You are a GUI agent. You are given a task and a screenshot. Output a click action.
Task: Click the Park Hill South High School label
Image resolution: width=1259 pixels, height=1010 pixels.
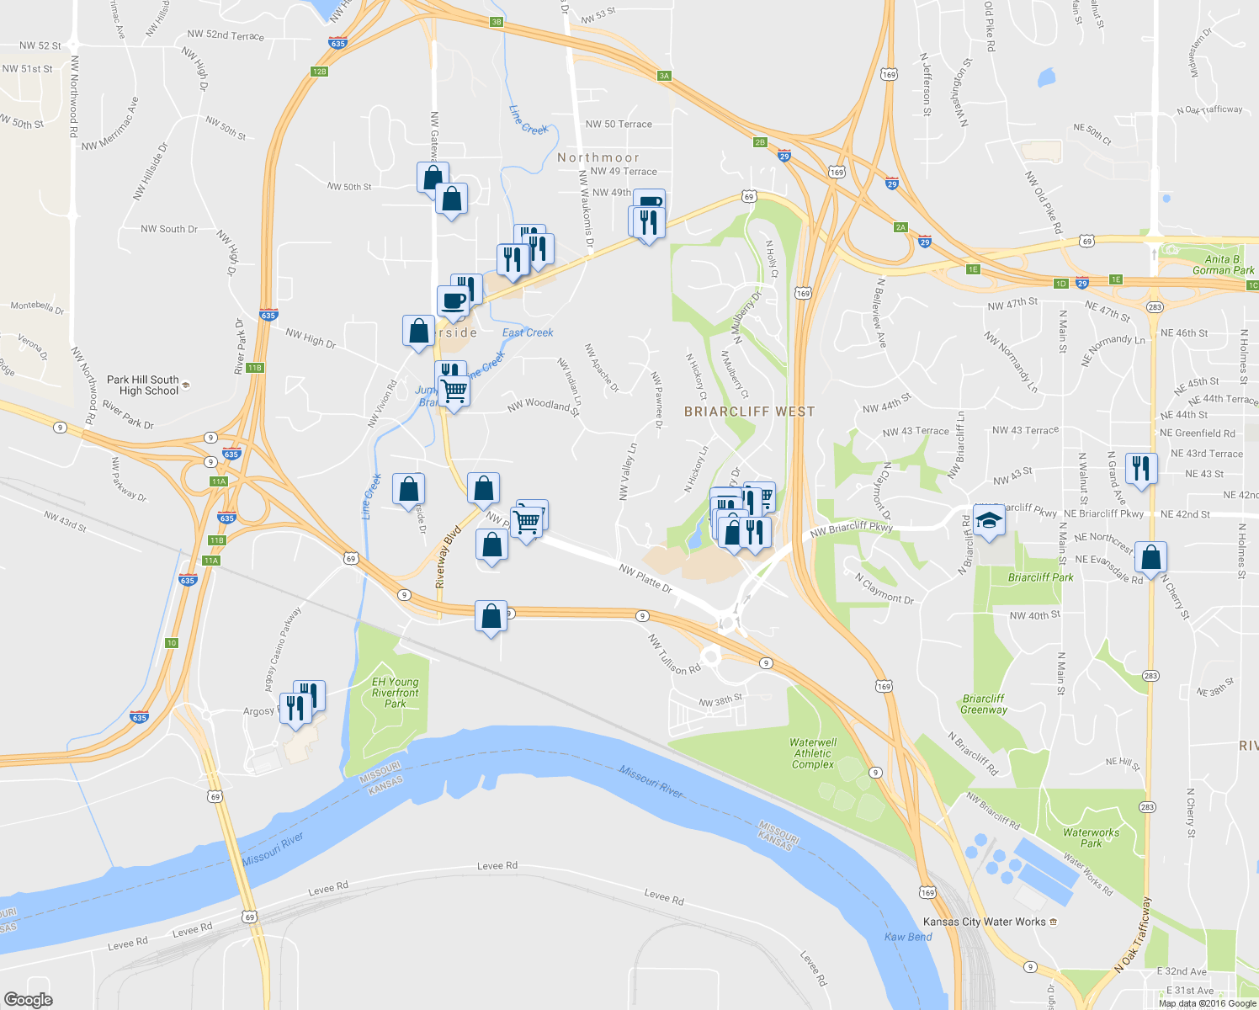coord(143,385)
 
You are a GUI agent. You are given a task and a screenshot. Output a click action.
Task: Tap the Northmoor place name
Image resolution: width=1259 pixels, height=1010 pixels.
coord(598,157)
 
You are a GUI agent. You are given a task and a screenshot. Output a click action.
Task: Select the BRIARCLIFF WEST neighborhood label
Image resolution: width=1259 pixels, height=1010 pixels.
coord(749,412)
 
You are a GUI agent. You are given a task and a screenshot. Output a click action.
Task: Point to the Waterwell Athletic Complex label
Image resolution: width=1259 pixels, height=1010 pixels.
coord(813,753)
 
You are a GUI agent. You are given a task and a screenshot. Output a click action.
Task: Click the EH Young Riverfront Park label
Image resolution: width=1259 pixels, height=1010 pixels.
coord(395,693)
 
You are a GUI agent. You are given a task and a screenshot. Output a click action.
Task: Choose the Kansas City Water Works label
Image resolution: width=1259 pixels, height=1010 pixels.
coord(984,922)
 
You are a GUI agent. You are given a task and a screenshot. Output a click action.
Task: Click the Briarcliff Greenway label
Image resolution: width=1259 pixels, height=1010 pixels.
coord(984,704)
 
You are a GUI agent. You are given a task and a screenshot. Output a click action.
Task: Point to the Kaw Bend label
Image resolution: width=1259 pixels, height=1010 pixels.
coord(908,937)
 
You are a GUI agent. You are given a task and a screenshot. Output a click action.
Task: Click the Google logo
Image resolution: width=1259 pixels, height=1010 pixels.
coord(28,1000)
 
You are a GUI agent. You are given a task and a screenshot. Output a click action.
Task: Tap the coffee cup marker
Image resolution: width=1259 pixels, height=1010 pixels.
coord(453,300)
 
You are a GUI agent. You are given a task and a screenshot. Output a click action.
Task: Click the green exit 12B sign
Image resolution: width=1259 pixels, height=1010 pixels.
coord(319,72)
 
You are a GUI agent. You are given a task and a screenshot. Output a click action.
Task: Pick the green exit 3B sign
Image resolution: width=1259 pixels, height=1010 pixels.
coord(497,22)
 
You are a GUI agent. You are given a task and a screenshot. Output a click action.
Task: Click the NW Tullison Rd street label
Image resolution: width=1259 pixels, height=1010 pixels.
coord(674,655)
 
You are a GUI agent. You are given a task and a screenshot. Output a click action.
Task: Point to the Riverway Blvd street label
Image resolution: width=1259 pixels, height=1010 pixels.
coord(444,557)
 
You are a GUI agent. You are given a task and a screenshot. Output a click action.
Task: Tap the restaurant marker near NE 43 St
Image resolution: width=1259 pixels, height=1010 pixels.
coord(1140,468)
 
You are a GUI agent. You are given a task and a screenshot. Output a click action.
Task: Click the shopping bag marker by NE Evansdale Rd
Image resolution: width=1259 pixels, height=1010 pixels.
coord(1150,557)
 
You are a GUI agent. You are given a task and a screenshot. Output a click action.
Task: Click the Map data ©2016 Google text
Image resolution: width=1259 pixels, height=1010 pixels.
coord(1208,1003)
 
